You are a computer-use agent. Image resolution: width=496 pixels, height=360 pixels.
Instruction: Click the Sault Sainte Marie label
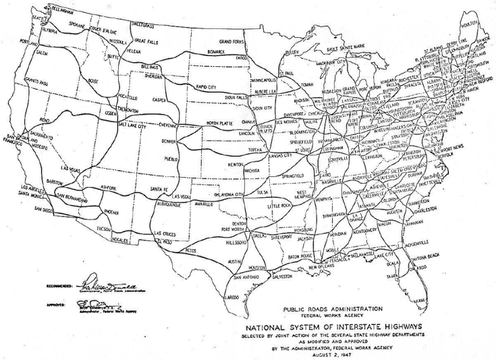click(x=348, y=49)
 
